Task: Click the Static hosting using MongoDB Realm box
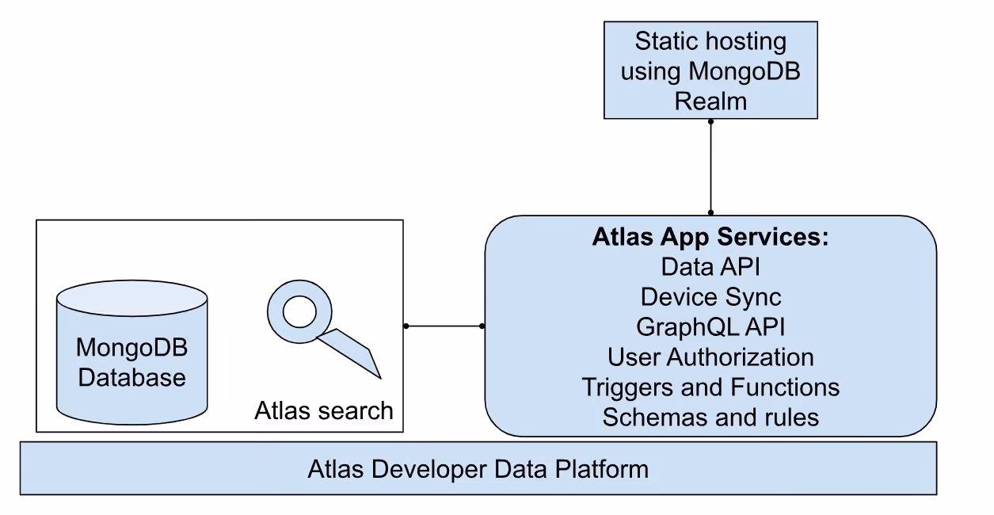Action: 710,71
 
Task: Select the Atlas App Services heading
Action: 710,237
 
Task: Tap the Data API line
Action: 710,267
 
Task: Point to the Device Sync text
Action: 710,297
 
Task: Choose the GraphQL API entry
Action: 710,327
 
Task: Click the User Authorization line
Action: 710,357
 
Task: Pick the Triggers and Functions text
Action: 710,387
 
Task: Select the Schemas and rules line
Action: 710,418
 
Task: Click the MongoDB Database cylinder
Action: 131,352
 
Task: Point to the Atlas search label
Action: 324,410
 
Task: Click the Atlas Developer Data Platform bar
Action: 478,468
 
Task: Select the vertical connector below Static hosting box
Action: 710,167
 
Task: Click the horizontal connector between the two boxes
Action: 444,326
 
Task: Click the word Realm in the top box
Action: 710,101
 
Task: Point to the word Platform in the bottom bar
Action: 602,469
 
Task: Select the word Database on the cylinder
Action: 131,378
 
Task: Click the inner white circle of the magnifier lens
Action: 299,311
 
